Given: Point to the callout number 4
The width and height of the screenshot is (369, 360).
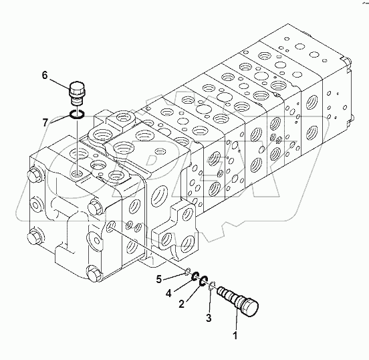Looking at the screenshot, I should tap(169, 292).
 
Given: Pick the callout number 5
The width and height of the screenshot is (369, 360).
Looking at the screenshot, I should tap(158, 278).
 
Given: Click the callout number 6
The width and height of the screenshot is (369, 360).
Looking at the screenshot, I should tap(45, 76).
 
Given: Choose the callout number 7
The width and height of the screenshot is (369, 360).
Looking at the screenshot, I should tap(45, 122).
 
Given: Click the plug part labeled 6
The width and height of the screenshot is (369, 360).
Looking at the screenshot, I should tap(78, 92).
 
